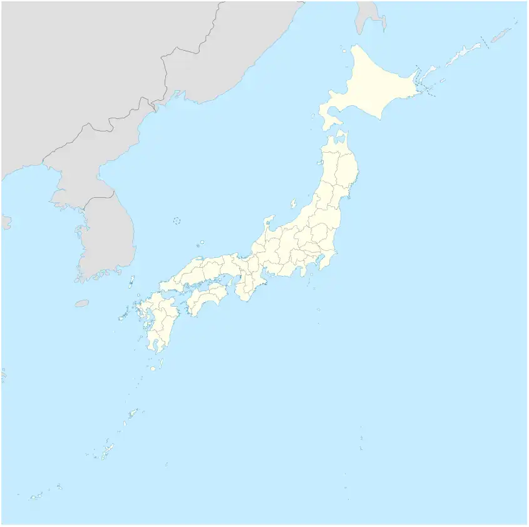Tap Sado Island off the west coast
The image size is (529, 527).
(293, 203)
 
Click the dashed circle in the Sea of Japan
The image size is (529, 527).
(177, 220)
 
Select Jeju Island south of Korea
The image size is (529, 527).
(82, 304)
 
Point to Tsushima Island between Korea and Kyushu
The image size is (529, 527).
(131, 281)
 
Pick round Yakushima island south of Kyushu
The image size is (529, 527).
(152, 369)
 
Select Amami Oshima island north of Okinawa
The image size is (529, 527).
(133, 414)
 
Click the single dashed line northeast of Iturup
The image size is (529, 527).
(483, 43)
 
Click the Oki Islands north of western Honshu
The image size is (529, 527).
(201, 243)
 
